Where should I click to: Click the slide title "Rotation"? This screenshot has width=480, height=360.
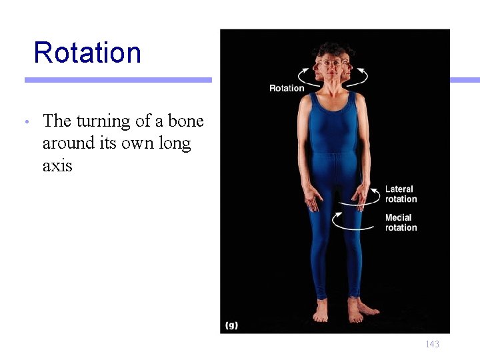[x=87, y=53]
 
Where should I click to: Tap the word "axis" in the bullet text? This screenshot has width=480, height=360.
[x=57, y=165]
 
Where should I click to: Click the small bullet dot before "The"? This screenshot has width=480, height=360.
[x=25, y=123]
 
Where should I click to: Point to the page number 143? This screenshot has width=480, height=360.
[x=432, y=344]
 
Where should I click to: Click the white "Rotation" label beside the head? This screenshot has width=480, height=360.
[x=287, y=88]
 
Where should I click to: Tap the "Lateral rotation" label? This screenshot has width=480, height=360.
[x=401, y=194]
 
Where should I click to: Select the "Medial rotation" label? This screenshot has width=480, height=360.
[x=401, y=223]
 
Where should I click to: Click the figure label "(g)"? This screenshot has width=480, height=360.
[x=232, y=325]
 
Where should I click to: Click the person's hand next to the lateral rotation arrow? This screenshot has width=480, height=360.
[x=361, y=197]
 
